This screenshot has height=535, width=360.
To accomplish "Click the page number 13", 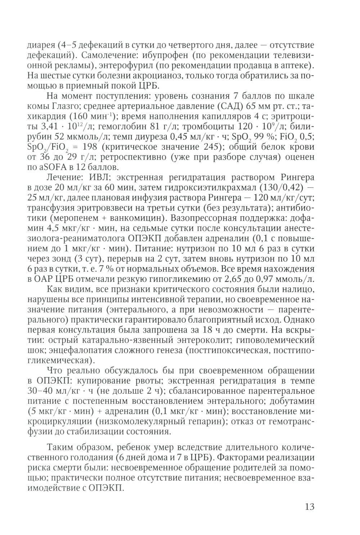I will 309,507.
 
